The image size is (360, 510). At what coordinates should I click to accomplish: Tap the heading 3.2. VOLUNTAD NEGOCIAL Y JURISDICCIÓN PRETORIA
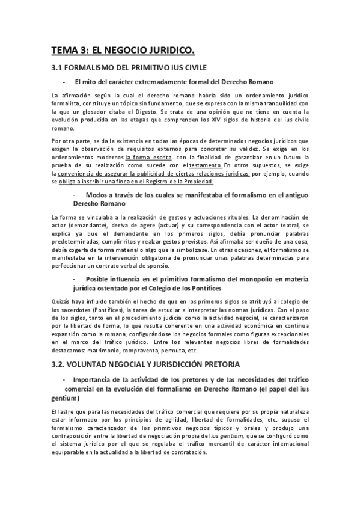coord(146,364)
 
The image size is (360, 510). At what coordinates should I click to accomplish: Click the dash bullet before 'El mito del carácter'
coord(63,81)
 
